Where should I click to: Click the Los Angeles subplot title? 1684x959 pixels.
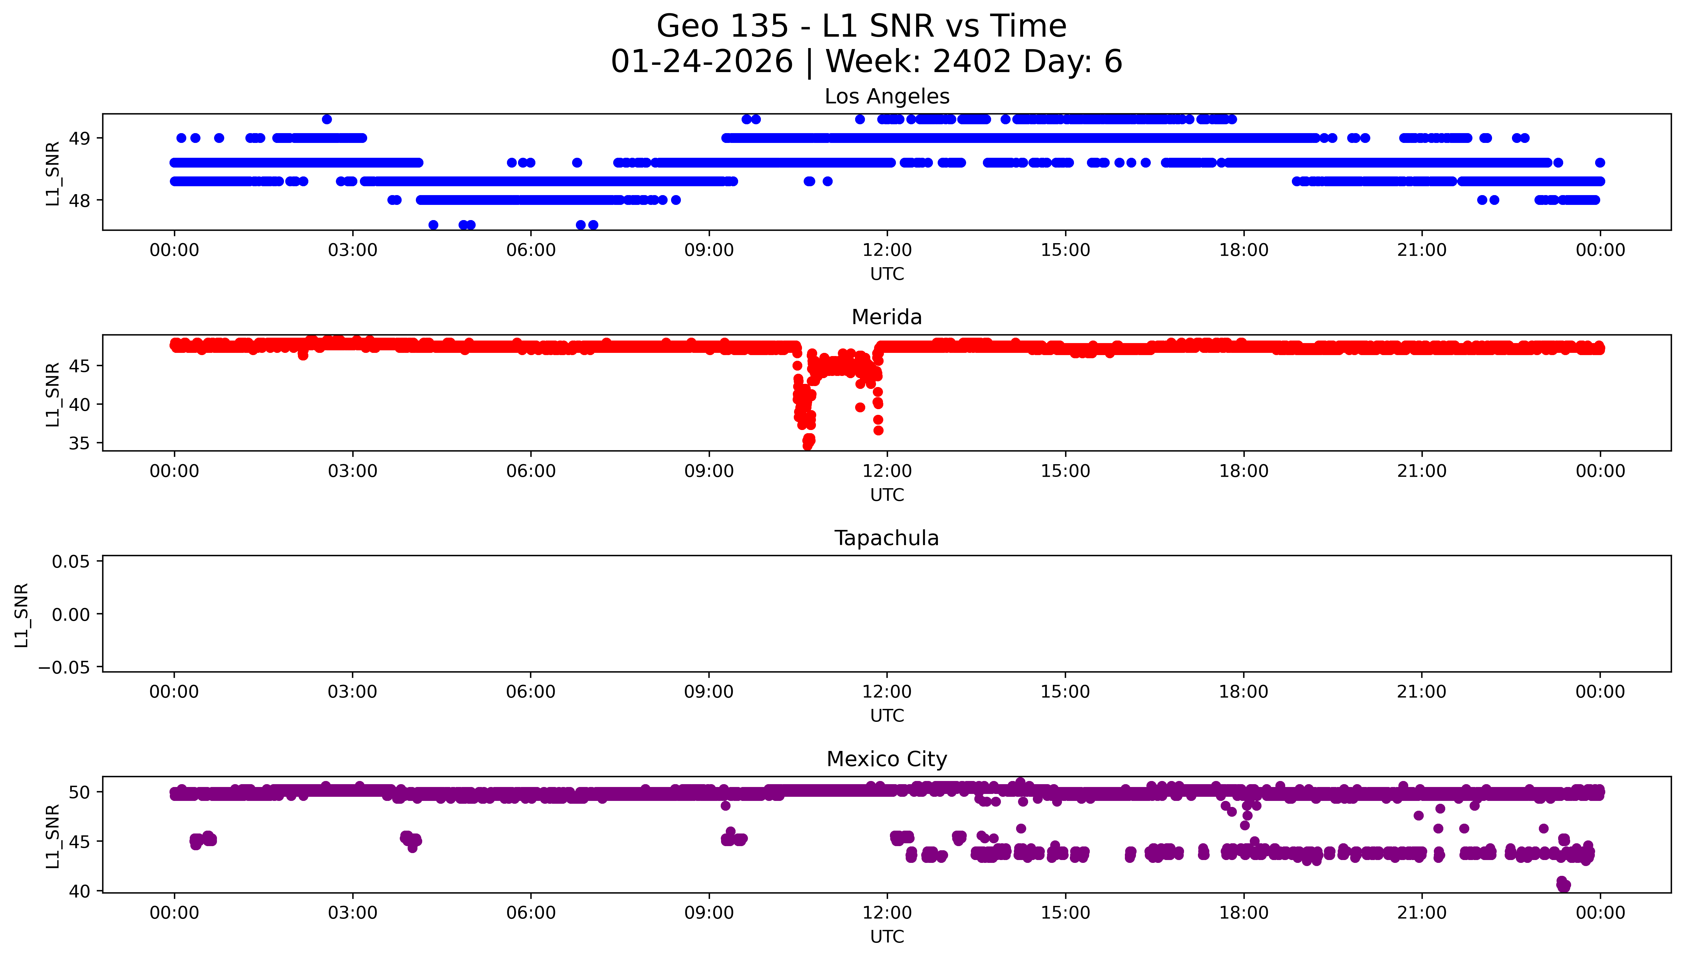[x=886, y=97]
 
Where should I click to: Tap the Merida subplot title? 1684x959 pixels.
[x=886, y=317]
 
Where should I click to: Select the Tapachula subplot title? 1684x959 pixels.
[x=886, y=538]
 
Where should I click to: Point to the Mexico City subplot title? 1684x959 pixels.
[x=886, y=759]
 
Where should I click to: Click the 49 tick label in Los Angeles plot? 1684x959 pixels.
[x=80, y=138]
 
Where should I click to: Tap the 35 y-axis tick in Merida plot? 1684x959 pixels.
[x=80, y=443]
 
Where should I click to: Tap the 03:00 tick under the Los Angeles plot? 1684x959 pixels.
[x=352, y=250]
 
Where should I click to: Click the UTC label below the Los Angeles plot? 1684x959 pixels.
[x=886, y=274]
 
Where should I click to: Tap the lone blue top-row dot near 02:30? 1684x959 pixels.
[x=327, y=119]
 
